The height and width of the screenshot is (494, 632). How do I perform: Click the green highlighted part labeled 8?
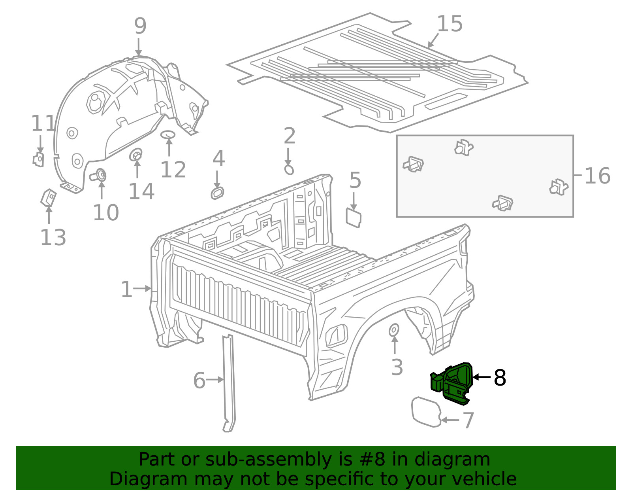(452, 383)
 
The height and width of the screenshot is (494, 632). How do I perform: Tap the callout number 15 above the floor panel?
(450, 24)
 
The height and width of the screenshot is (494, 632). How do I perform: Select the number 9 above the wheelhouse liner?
(140, 26)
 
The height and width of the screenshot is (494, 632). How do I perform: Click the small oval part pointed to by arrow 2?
(289, 170)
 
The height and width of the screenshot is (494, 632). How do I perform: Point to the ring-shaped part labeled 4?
(217, 193)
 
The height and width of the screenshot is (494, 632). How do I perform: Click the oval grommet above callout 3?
(394, 330)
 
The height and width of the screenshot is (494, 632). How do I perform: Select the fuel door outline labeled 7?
(426, 412)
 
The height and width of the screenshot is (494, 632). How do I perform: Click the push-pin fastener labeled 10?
(100, 174)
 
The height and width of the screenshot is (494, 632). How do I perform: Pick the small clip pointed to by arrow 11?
(38, 159)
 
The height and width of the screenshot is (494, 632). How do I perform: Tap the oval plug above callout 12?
(168, 134)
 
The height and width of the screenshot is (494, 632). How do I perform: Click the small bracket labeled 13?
(48, 197)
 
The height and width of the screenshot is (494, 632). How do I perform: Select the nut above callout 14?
(136, 154)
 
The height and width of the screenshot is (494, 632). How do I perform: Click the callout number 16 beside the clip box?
(597, 176)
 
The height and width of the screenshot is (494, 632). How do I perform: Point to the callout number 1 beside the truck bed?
(126, 290)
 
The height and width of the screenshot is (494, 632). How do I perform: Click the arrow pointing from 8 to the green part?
(481, 377)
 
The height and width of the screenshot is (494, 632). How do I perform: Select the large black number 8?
(500, 378)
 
